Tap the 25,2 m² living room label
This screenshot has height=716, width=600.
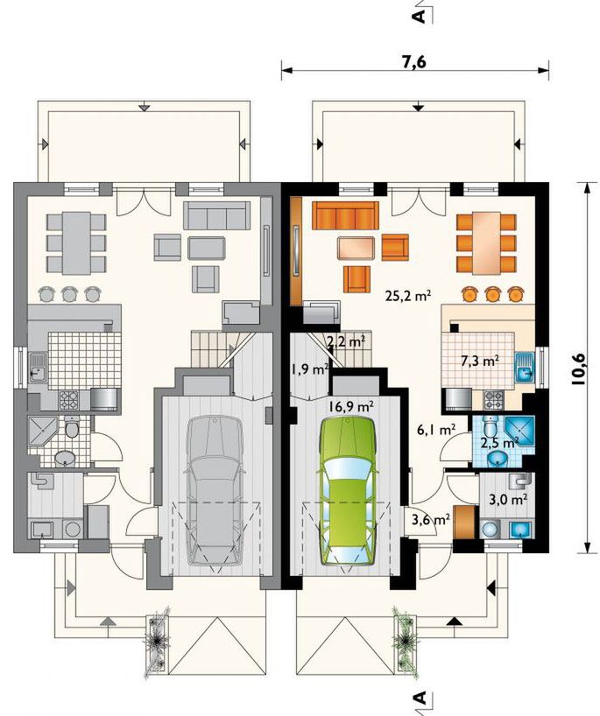[408, 296]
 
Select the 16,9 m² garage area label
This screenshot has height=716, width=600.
[351, 405]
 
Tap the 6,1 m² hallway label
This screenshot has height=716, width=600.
[436, 429]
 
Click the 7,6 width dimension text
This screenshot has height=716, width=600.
[414, 61]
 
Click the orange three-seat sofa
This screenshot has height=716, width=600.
[345, 215]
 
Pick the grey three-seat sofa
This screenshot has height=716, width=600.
[216, 215]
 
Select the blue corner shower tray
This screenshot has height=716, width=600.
[519, 429]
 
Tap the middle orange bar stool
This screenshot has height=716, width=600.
[492, 294]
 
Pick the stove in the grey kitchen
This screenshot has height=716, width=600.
[68, 400]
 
